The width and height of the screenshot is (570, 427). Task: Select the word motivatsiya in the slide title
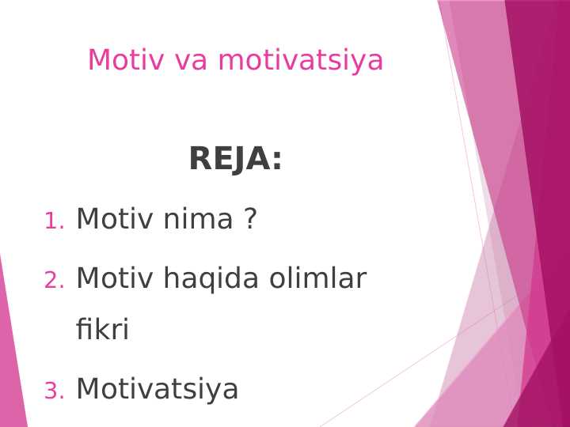click(300, 61)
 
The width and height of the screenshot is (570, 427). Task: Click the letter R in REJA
click(200, 160)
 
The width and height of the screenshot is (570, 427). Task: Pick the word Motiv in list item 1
click(115, 219)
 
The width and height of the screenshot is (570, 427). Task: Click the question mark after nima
click(250, 219)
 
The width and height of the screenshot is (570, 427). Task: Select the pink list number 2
click(53, 281)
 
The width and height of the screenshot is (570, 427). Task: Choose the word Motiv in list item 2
click(115, 278)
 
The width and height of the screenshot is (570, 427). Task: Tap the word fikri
click(102, 330)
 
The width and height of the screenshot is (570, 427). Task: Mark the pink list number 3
click(53, 391)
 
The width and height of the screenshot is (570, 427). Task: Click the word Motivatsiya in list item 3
click(157, 389)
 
